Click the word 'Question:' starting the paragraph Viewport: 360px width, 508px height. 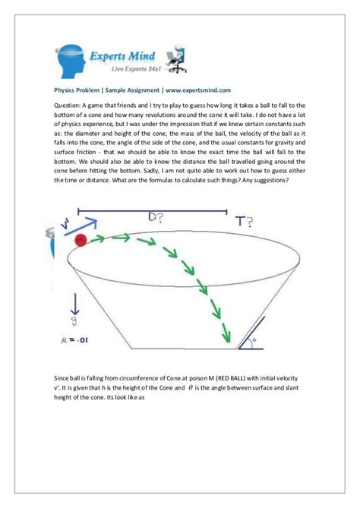pyautogui.click(x=69, y=106)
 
